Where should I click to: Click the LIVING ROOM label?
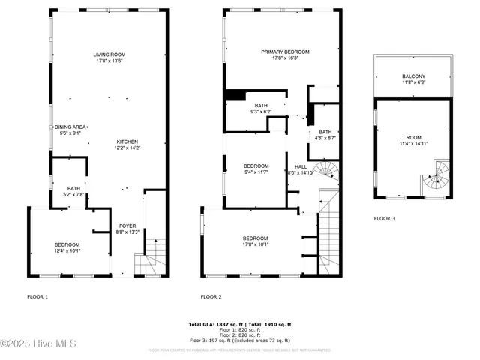tap(109, 55)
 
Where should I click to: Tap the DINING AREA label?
tap(70, 127)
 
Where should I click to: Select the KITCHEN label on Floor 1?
tap(127, 142)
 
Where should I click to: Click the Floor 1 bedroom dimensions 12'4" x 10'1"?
tap(67, 251)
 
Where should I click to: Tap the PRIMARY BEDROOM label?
tap(285, 52)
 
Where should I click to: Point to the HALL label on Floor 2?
tap(301, 166)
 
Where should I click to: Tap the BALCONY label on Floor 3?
tap(413, 76)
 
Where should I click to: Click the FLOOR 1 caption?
tap(37, 297)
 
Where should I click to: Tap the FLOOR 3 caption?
tap(385, 219)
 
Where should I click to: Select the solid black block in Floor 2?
tap(235, 94)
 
